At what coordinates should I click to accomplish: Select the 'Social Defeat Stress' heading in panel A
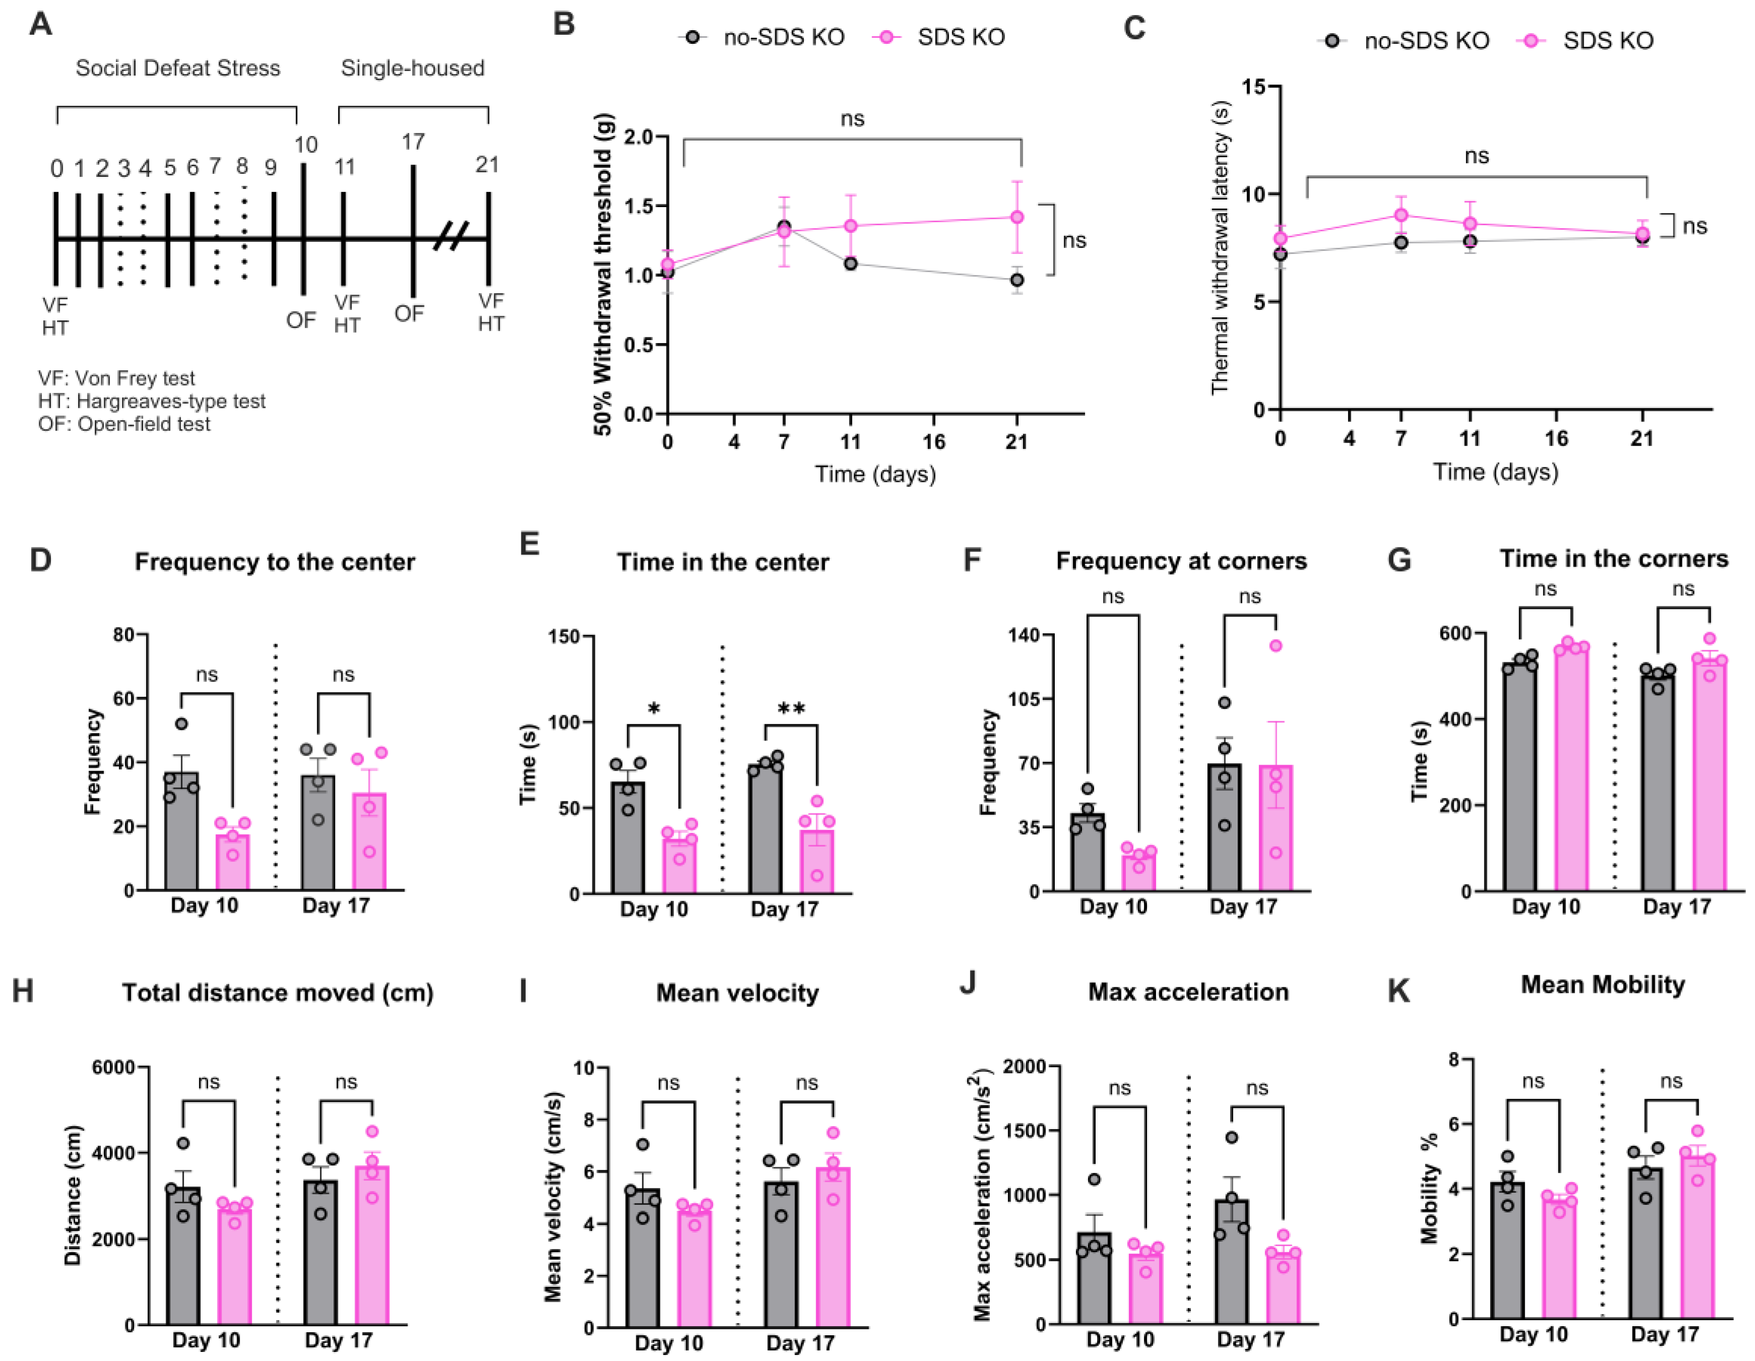pyautogui.click(x=178, y=69)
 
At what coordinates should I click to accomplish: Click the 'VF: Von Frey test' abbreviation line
pyautogui.click(x=116, y=378)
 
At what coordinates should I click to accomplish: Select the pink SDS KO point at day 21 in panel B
pyautogui.click(x=1017, y=217)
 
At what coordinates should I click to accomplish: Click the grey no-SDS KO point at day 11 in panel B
pyautogui.click(x=850, y=263)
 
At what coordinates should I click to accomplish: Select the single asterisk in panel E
pyautogui.click(x=653, y=709)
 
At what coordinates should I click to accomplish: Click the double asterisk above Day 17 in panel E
pyautogui.click(x=791, y=709)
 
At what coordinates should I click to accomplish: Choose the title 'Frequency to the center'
pyautogui.click(x=275, y=562)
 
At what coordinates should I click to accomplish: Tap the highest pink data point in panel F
pyautogui.click(x=1275, y=646)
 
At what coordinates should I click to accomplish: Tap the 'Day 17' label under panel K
pyautogui.click(x=1664, y=1334)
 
